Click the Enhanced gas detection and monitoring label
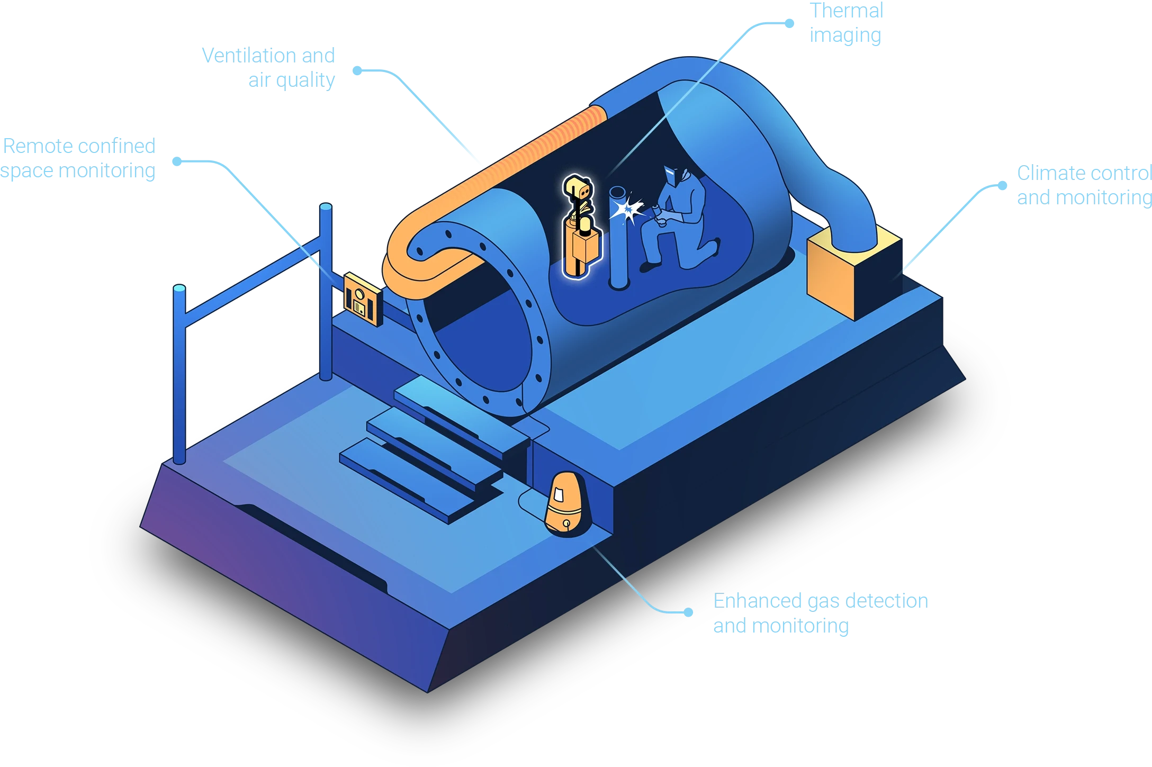819,613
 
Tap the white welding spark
627,210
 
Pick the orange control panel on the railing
363,299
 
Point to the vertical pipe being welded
618,238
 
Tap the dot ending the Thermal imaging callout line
789,23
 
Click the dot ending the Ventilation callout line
358,70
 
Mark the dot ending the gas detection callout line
688,612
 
